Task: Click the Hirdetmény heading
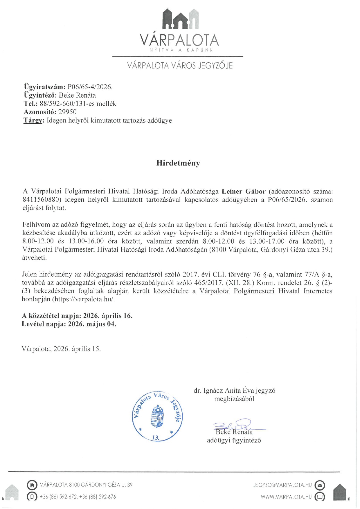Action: point(178,163)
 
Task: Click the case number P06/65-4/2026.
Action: point(90,87)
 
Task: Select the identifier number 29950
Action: point(67,112)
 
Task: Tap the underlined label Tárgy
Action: point(33,120)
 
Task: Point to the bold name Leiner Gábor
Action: point(244,191)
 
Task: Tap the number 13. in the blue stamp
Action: point(156,437)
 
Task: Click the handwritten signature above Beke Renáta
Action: point(235,425)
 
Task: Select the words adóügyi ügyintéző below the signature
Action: point(234,440)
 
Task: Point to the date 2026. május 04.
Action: point(92,324)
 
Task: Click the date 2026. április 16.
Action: point(108,316)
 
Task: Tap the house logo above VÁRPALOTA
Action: point(180,19)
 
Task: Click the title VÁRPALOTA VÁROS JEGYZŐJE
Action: point(180,66)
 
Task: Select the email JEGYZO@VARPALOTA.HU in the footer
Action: point(282,485)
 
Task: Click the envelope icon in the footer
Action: point(320,485)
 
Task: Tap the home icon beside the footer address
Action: point(32,485)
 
